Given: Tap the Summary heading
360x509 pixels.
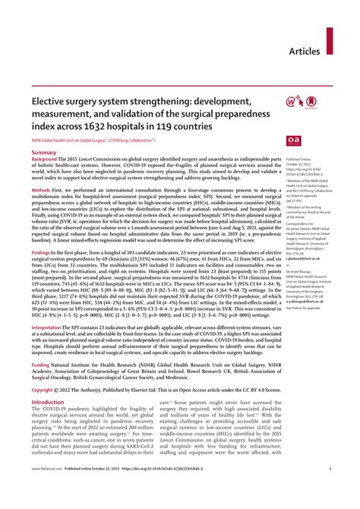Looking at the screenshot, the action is pos(44,153).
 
